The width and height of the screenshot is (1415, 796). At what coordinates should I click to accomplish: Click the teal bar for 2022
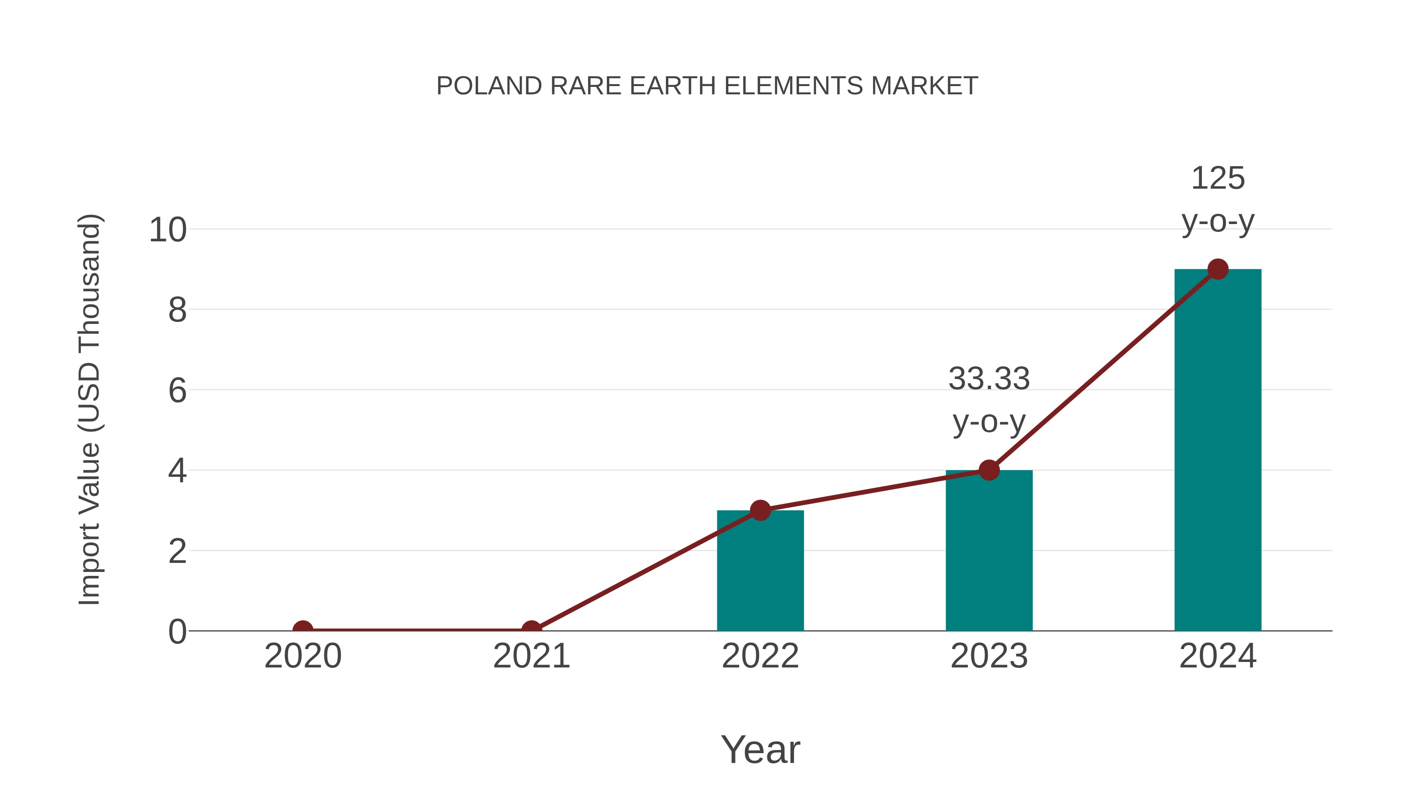[x=760, y=571]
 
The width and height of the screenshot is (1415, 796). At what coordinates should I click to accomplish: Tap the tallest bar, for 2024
[x=1218, y=450]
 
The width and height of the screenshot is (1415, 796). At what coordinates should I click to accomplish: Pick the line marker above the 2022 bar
[x=760, y=510]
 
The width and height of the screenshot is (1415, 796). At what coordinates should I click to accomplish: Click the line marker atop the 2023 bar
[x=989, y=470]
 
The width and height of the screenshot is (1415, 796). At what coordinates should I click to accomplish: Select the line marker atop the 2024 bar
[x=1218, y=269]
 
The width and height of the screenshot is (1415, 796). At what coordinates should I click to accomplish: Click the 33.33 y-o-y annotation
[x=989, y=399]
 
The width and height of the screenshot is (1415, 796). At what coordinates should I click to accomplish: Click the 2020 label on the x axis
[x=303, y=656]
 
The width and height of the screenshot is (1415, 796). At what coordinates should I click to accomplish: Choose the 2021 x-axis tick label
[x=531, y=656]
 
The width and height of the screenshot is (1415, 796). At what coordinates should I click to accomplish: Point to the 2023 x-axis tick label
[x=989, y=656]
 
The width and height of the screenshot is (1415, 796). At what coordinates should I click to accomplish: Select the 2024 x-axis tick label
[x=1218, y=656]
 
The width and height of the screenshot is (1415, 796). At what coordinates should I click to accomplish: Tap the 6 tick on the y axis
[x=177, y=391]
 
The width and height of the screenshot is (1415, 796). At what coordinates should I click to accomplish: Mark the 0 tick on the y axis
[x=177, y=632]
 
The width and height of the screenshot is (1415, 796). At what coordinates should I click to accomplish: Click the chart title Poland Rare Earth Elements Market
[x=707, y=86]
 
